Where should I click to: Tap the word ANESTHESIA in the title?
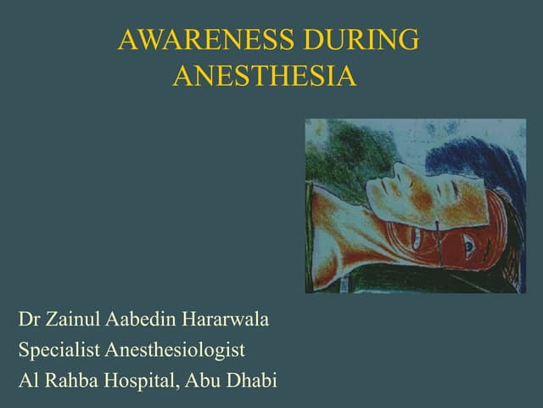264,76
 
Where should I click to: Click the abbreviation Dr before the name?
29,321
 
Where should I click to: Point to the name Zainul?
73,321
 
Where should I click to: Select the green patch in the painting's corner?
335,149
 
